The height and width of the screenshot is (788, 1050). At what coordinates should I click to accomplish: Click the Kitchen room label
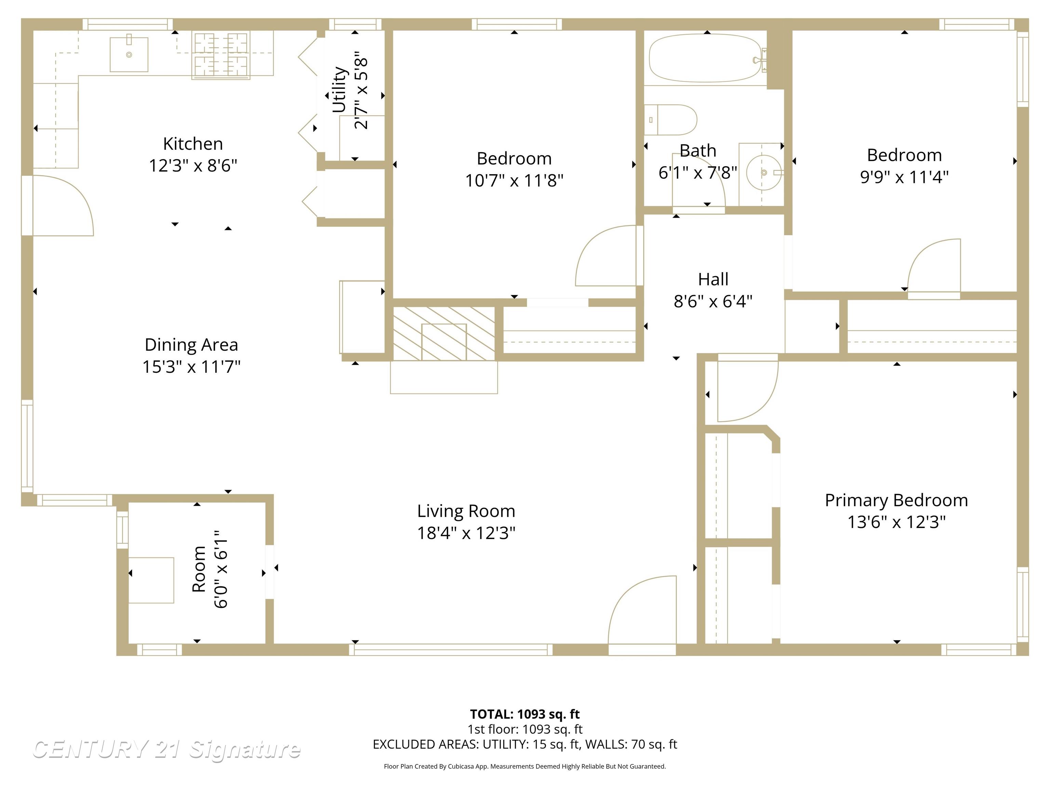193,143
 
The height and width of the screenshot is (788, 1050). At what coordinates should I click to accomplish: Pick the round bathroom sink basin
763,172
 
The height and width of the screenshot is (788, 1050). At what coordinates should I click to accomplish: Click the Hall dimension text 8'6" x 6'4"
713,301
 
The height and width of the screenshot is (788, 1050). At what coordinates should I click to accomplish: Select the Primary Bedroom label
896,500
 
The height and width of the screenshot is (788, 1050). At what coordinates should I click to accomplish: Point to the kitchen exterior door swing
59,206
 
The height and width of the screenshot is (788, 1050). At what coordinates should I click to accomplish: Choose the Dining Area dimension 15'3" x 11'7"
191,367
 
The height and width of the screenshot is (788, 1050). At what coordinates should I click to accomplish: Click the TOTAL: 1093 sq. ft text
525,714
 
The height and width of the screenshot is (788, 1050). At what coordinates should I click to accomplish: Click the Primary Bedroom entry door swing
745,390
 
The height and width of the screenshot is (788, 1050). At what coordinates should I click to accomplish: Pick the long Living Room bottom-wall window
451,649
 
